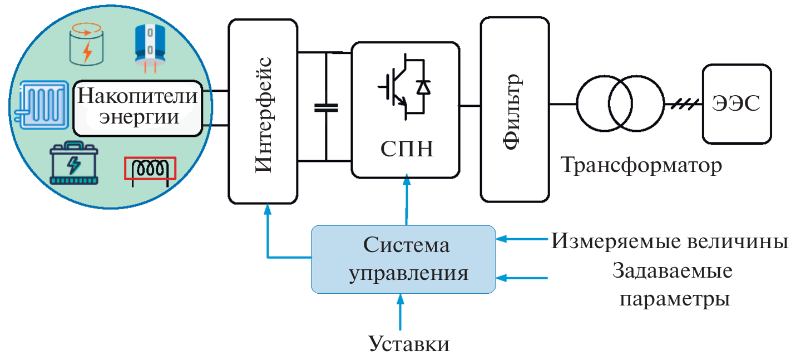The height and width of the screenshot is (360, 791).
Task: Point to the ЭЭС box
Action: tap(736, 103)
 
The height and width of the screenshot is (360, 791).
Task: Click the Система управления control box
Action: tap(403, 259)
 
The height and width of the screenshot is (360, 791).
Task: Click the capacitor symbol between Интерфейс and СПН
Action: tap(326, 107)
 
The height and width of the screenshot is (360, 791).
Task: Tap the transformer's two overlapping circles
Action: tap(620, 103)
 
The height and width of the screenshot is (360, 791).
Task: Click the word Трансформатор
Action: tap(641, 165)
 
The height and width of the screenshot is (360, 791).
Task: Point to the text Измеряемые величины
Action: tap(670, 242)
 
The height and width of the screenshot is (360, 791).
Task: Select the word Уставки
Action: tap(409, 343)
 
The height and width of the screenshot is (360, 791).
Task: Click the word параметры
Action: tap(674, 299)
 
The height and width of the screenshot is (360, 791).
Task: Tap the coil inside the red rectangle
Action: tap(149, 169)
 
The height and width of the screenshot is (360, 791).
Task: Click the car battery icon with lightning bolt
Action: tap(74, 164)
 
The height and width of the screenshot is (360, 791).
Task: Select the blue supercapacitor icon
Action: tap(150, 46)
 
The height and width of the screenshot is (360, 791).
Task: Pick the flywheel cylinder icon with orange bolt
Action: tap(87, 46)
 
